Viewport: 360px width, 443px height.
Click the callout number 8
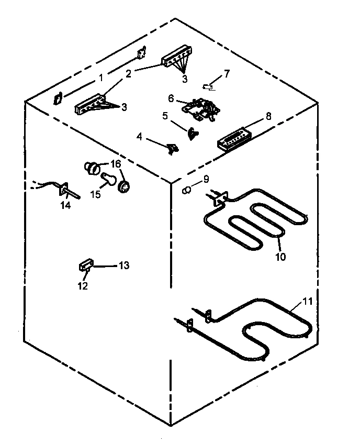click(x=268, y=116)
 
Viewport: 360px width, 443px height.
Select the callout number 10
click(x=281, y=257)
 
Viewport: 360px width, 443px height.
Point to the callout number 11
click(x=307, y=302)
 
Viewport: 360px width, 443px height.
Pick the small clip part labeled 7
click(x=210, y=86)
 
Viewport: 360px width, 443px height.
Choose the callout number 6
click(x=171, y=98)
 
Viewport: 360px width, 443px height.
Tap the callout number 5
click(x=165, y=116)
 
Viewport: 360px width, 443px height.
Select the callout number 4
click(x=139, y=137)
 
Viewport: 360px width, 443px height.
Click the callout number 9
click(x=206, y=179)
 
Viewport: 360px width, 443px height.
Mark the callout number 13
click(x=123, y=265)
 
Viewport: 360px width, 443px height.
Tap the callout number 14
click(x=65, y=206)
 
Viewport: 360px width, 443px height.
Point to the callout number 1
click(x=101, y=79)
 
